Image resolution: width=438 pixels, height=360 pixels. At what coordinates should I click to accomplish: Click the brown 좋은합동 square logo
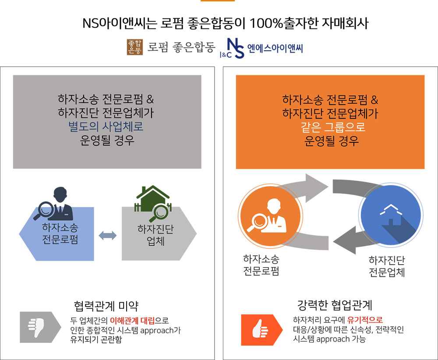134,47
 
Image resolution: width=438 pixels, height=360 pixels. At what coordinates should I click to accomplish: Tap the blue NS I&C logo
232,48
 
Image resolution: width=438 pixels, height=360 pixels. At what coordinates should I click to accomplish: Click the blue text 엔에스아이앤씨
275,48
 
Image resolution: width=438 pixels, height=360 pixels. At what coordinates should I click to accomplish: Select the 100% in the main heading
266,23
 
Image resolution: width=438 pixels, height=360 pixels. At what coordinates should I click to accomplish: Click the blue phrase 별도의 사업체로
106,126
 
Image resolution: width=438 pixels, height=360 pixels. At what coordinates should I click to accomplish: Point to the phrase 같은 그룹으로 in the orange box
333,127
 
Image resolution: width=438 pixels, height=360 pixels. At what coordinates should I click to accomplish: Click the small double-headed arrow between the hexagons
108,236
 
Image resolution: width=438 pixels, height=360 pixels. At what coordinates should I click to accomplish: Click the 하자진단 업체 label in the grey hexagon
155,235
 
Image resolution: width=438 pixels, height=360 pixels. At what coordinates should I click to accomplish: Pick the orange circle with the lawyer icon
270,215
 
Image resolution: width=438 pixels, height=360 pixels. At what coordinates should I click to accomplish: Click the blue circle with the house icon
391,215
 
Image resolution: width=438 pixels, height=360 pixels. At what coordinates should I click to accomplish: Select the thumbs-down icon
37,327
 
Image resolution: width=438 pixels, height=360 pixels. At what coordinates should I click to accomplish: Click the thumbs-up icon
260,329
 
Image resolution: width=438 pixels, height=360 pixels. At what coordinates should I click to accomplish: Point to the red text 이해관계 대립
132,320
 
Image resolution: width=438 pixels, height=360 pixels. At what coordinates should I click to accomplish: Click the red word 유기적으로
365,320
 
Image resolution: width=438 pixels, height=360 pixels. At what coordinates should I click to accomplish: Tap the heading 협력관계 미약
106,306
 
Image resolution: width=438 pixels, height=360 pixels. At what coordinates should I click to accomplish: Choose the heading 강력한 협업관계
335,305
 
